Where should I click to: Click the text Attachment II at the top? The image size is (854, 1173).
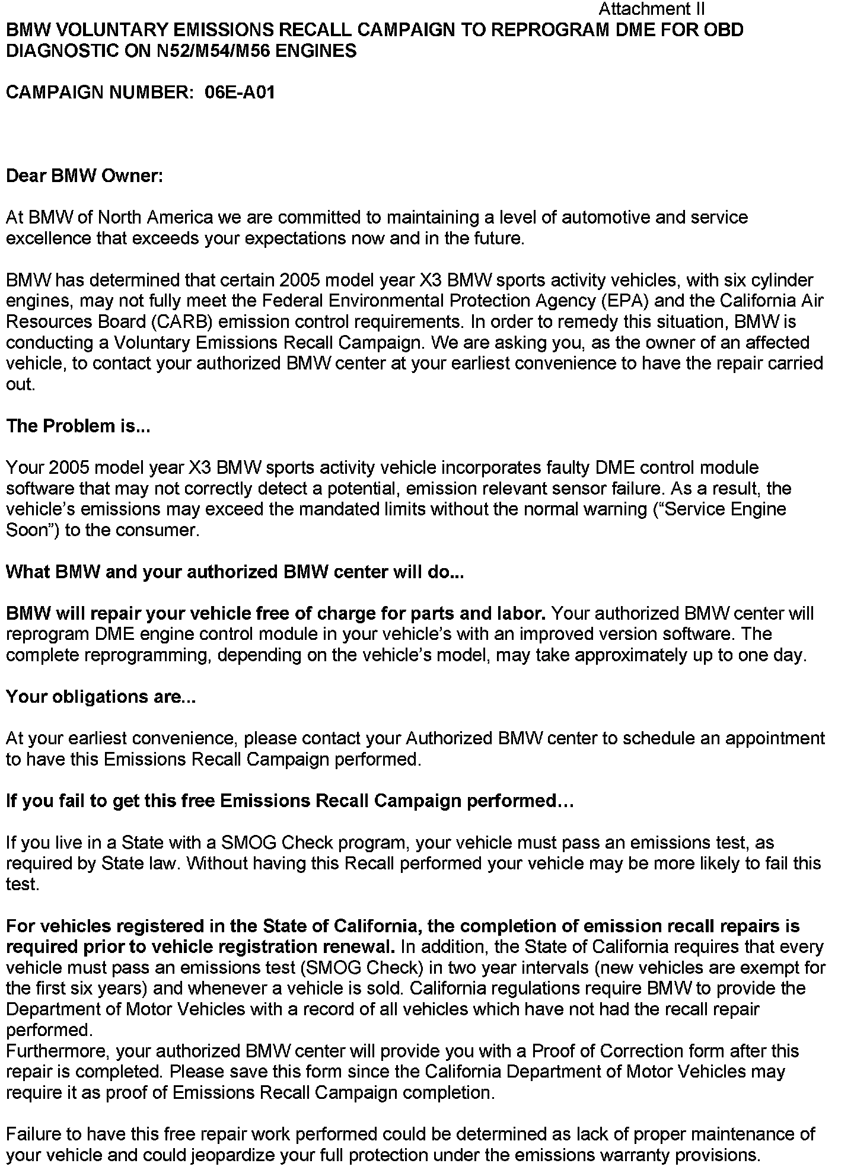pyautogui.click(x=651, y=9)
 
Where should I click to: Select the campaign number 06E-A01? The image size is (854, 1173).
pyautogui.click(x=240, y=93)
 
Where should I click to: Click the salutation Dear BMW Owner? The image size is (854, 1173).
pyautogui.click(x=84, y=176)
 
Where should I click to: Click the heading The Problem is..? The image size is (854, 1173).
pyautogui.click(x=78, y=426)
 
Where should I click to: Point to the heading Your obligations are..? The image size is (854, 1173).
pyautogui.click(x=101, y=696)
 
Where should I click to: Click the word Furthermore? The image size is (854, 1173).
pyautogui.click(x=57, y=1051)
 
